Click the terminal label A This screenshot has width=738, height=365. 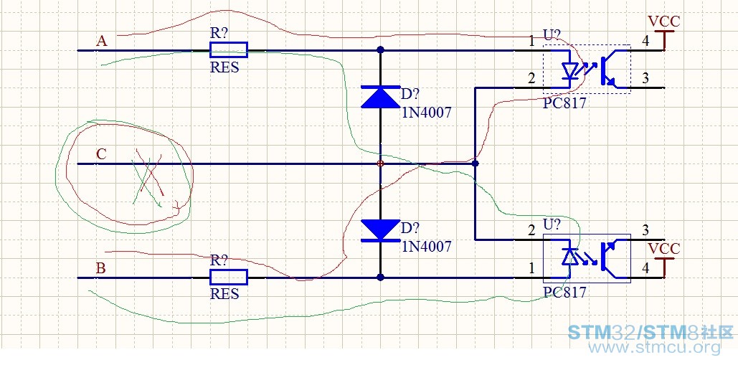[x=101, y=42]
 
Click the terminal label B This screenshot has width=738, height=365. [x=100, y=269]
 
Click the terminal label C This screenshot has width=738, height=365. [x=101, y=153]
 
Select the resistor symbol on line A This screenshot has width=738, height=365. [x=228, y=50]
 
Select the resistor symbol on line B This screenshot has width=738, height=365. [x=228, y=278]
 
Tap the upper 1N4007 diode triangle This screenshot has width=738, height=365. [x=380, y=98]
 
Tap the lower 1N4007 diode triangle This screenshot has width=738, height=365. [x=380, y=230]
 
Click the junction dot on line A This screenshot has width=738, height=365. [x=380, y=50]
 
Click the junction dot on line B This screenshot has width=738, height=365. [x=380, y=278]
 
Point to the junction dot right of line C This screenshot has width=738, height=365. [x=476, y=163]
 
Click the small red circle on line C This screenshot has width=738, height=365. [x=380, y=163]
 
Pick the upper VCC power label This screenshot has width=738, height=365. [x=663, y=22]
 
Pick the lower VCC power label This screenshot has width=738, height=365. [x=663, y=249]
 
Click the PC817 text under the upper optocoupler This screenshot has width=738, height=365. [x=565, y=103]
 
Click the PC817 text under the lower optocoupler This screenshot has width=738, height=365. [x=565, y=292]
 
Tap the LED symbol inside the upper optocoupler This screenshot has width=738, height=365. [x=571, y=70]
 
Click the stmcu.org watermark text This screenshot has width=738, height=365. [x=656, y=348]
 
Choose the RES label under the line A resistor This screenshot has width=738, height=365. [x=224, y=67]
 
